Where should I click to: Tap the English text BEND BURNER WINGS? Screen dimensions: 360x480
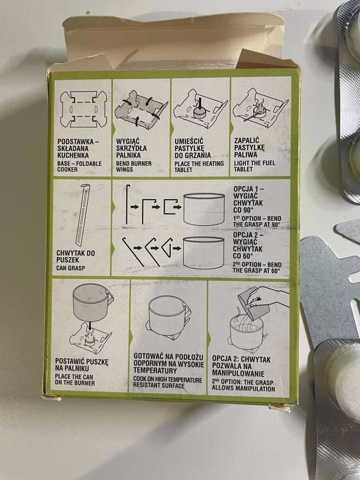click(x=134, y=166)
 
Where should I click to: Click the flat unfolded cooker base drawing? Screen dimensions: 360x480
click(x=83, y=109)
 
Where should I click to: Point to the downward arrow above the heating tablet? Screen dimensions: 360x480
click(x=200, y=103)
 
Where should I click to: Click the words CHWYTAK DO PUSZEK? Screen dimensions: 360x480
click(x=75, y=256)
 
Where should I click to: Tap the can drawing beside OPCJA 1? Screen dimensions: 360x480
click(x=204, y=208)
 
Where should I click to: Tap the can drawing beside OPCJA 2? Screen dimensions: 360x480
click(x=203, y=252)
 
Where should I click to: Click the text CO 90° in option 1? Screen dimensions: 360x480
click(x=243, y=211)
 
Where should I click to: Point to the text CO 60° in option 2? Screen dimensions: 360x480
click(x=243, y=256)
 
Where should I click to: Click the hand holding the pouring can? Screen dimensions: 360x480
click(x=266, y=296)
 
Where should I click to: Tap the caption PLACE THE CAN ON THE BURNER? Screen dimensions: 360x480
click(x=75, y=380)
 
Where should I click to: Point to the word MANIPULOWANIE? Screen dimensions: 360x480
click(x=238, y=374)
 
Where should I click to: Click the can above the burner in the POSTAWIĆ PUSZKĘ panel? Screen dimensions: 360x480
click(x=93, y=303)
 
